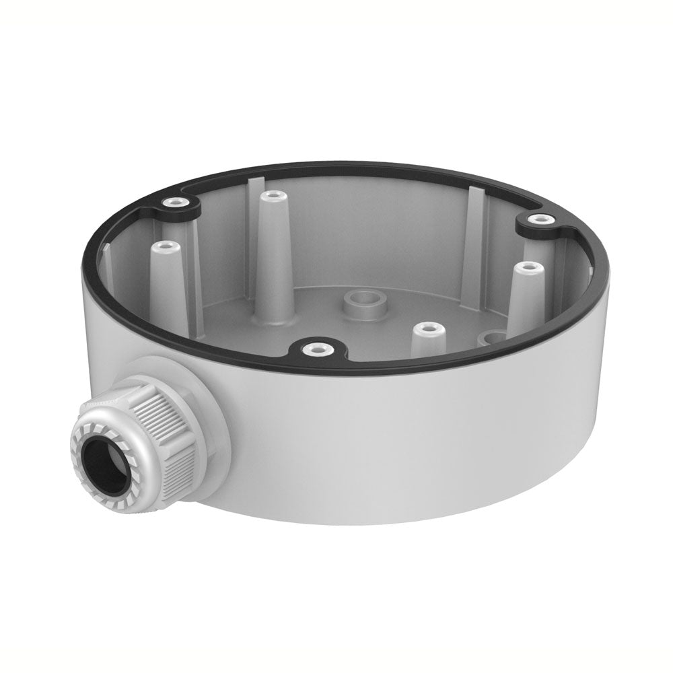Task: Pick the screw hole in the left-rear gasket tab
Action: [x=176, y=202]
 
